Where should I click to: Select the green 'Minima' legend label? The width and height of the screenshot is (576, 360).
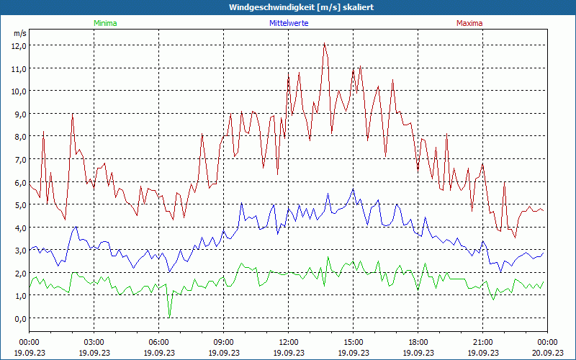click(104, 23)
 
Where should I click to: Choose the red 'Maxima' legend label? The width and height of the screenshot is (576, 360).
click(469, 23)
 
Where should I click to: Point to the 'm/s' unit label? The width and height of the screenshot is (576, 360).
click(19, 34)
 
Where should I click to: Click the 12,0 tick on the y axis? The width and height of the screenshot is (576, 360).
click(19, 45)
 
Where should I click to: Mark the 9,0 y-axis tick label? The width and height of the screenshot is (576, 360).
click(19, 114)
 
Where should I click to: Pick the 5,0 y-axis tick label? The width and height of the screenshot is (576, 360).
click(19, 204)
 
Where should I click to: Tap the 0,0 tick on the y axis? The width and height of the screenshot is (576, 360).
click(19, 318)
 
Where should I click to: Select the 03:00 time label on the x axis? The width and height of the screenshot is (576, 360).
click(94, 342)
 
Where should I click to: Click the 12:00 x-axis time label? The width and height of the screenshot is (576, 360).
click(288, 342)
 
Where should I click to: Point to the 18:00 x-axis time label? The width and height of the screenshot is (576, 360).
click(418, 342)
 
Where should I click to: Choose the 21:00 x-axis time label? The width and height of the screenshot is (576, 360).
click(482, 342)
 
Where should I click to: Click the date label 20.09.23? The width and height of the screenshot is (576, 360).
click(546, 353)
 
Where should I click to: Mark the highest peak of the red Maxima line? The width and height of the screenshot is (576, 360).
click(325, 44)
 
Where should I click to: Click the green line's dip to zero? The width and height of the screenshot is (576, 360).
click(169, 316)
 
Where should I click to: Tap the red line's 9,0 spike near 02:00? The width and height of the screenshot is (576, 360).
click(73, 114)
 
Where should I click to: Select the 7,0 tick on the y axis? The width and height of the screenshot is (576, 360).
click(19, 159)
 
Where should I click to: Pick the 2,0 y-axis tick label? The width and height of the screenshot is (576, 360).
click(19, 273)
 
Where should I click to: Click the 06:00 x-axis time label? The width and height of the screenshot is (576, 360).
click(158, 342)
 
